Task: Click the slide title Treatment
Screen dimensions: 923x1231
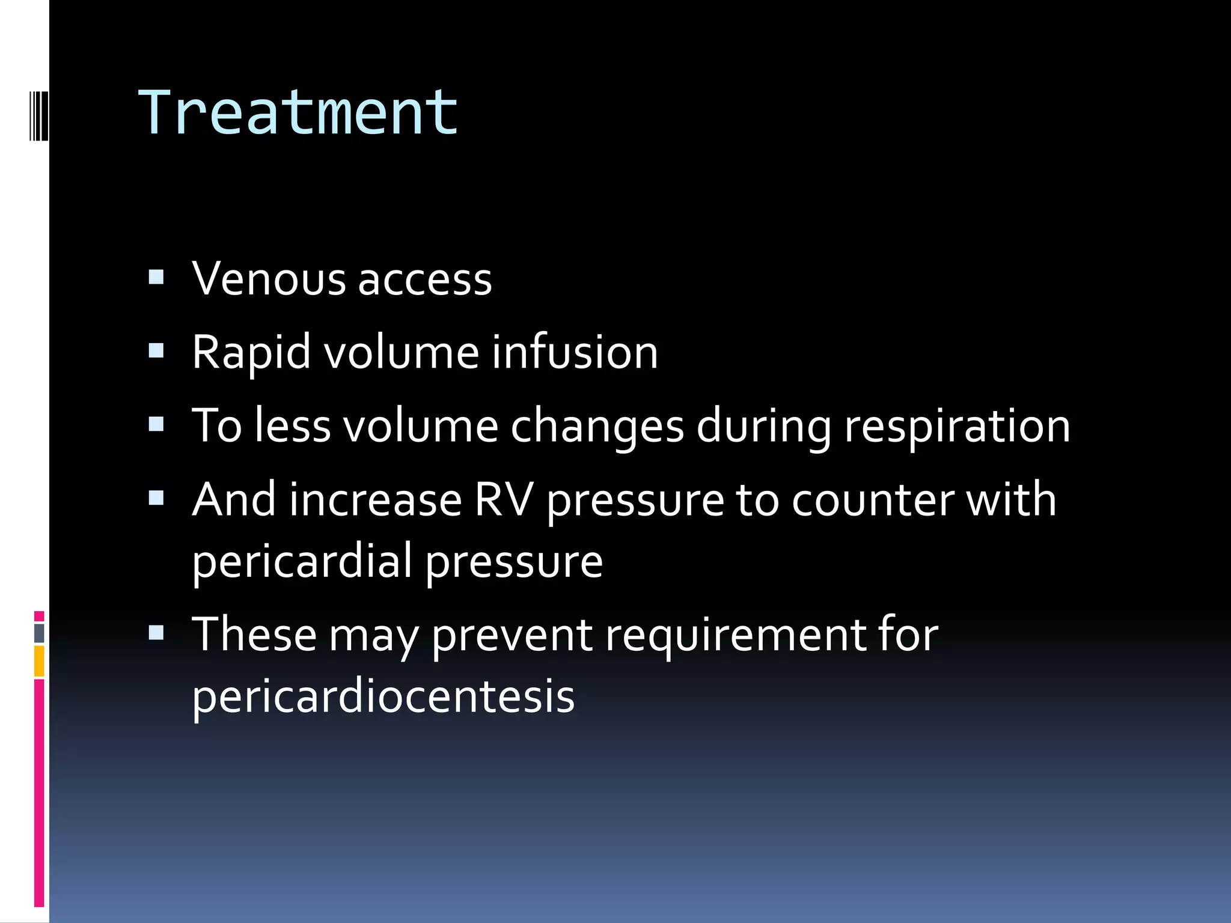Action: pos(299,112)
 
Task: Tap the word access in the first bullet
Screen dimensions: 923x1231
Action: pos(425,280)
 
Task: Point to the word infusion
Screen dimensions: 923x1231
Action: pos(575,352)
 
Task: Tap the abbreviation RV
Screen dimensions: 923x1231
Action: pos(504,499)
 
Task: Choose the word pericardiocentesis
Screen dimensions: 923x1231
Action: pos(383,696)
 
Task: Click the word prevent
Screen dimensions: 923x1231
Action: pos(512,636)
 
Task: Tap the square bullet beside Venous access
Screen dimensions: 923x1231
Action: pos(156,277)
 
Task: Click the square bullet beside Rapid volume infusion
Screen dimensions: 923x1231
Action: pos(156,350)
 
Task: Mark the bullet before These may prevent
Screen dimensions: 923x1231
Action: pos(156,633)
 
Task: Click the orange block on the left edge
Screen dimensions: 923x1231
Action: pos(39,661)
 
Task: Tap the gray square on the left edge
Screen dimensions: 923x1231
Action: pos(39,633)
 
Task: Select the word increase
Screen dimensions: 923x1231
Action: pos(375,500)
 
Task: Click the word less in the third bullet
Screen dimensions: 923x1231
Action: pos(292,426)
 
